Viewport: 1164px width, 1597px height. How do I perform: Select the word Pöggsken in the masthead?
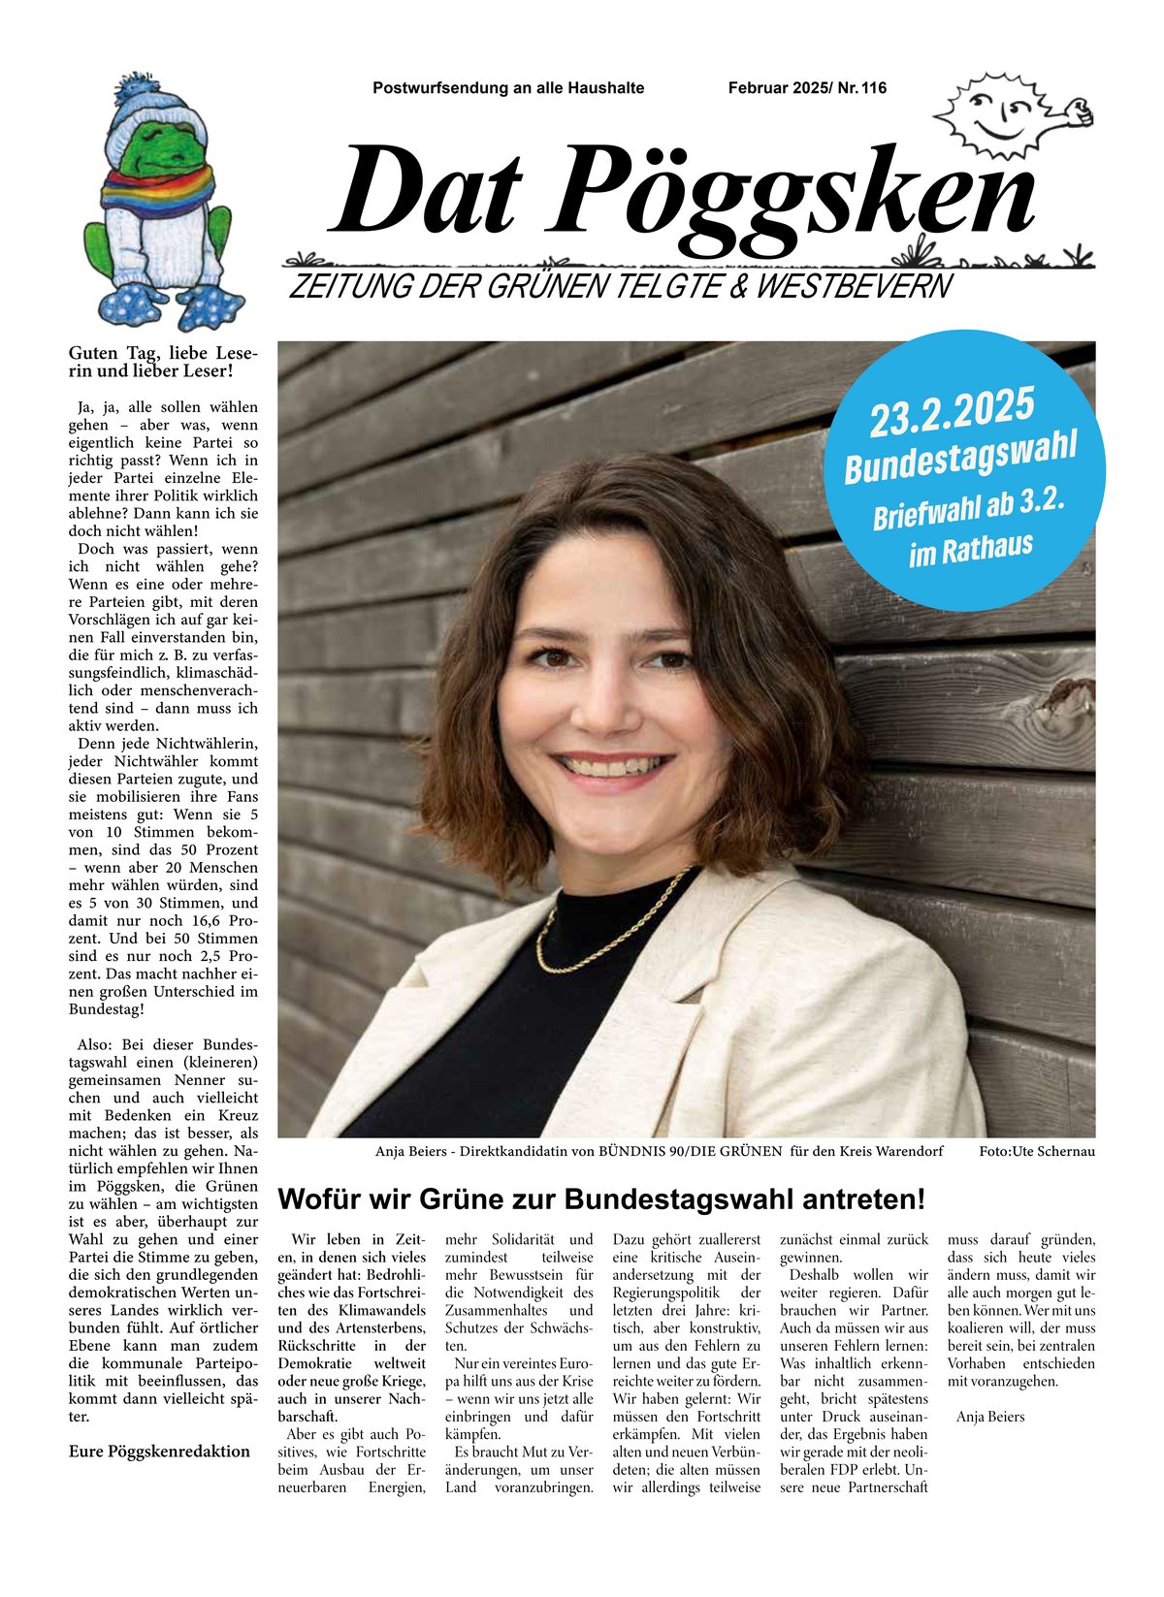(795, 194)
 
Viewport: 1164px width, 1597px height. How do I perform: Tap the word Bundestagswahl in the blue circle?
(960, 457)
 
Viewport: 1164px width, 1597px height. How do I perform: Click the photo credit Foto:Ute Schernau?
(1037, 1152)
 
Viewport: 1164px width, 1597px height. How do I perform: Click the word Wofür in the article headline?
(318, 1199)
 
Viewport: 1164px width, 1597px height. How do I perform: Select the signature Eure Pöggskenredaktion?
(159, 1452)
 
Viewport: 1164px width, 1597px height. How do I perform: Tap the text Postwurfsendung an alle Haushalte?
(508, 88)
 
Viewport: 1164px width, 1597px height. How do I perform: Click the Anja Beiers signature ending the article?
(990, 1417)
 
